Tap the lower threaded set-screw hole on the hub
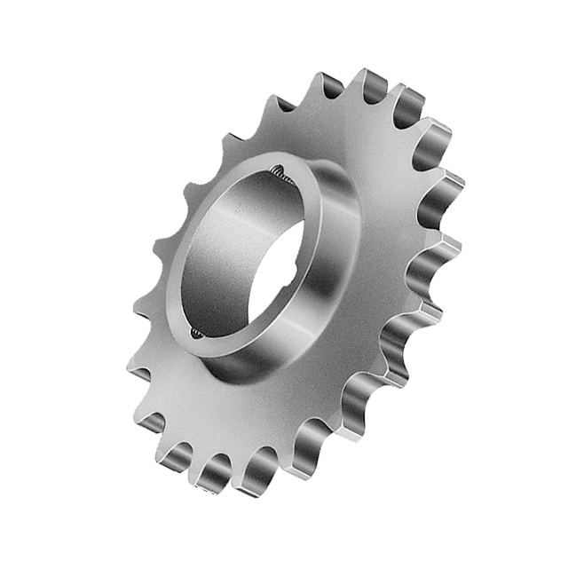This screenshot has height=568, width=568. (x=197, y=333)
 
